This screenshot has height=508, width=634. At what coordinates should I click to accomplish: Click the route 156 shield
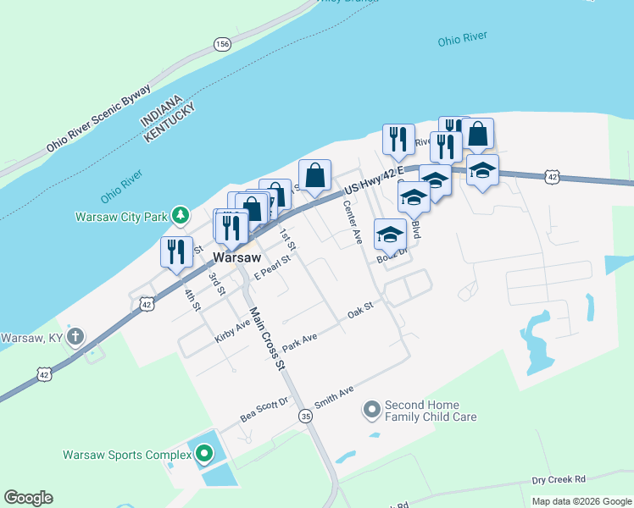tap(222, 45)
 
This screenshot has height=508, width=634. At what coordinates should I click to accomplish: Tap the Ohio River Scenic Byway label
tap(99, 117)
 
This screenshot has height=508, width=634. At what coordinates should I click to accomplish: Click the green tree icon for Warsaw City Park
tap(180, 216)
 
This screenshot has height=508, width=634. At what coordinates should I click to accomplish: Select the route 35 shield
tap(305, 415)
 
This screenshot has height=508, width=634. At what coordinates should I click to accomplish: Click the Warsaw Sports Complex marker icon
tap(204, 455)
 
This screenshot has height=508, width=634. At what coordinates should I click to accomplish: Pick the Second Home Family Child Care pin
tap(371, 410)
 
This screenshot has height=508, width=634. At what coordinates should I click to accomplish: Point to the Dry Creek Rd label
tap(559, 479)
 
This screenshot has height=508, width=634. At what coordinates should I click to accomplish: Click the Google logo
tap(28, 498)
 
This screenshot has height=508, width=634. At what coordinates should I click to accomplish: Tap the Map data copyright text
tap(581, 501)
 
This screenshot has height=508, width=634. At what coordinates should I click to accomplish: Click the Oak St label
tap(360, 311)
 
